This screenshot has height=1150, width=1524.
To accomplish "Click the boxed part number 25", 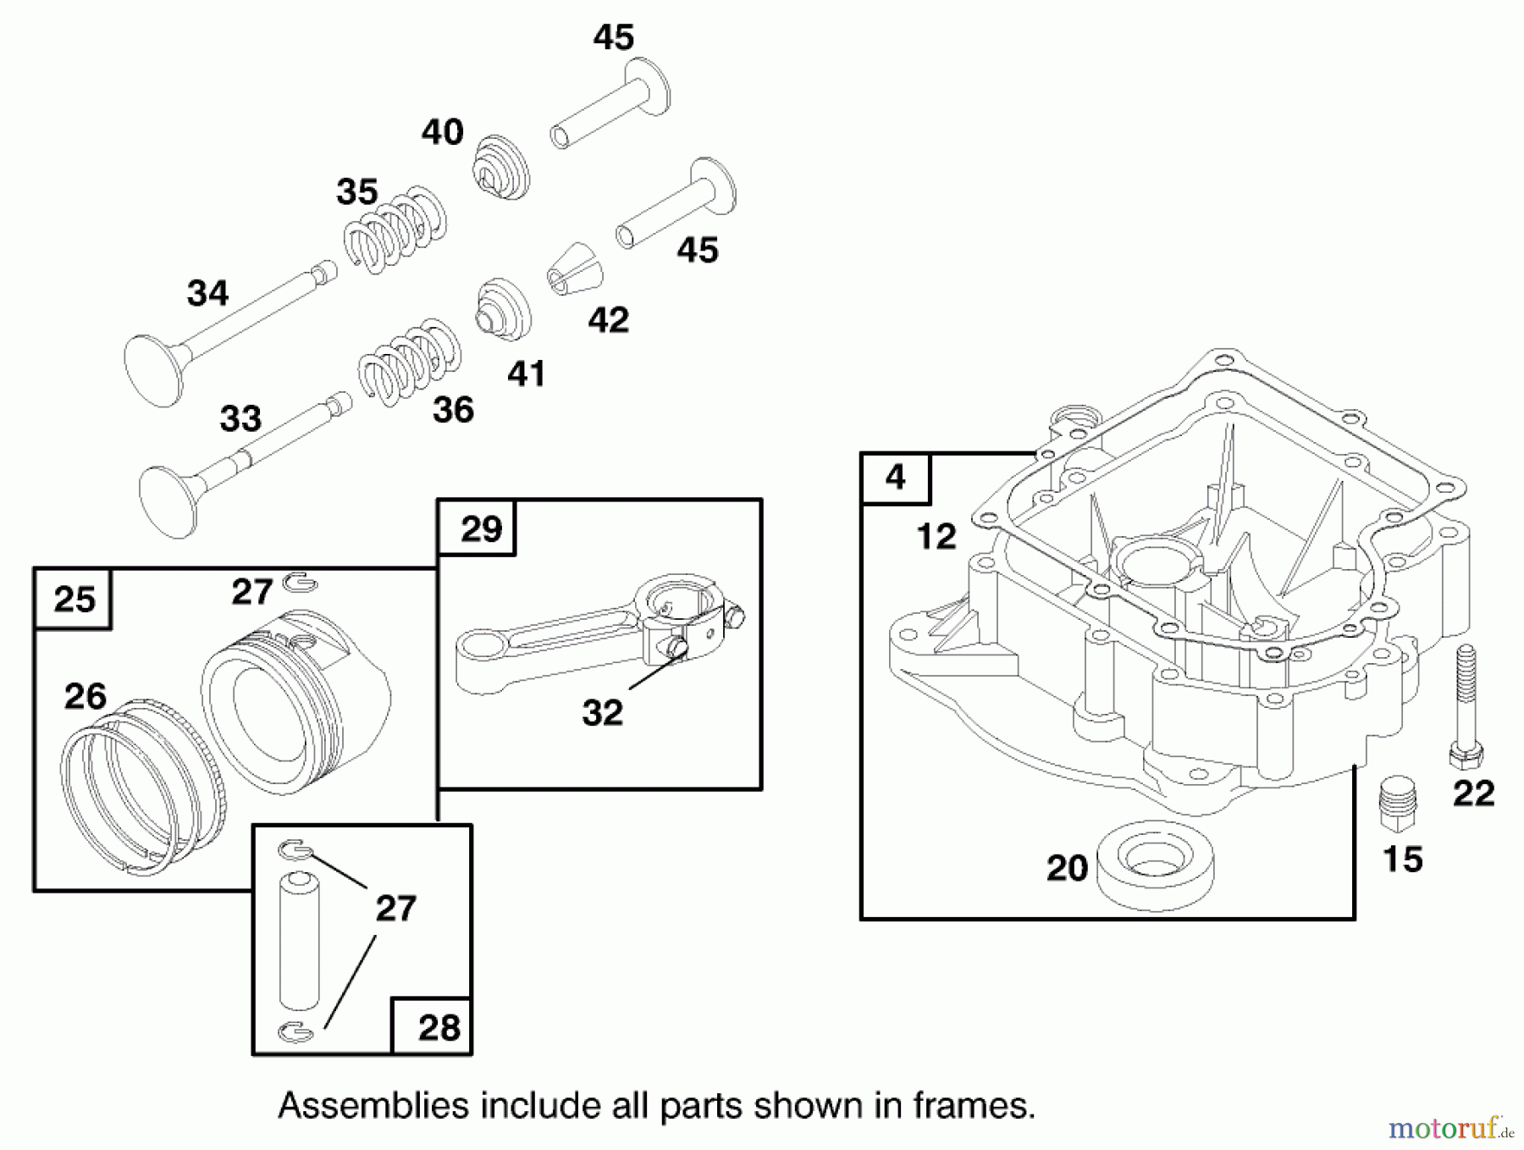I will [74, 600].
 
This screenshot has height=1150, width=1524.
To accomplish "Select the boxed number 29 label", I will [481, 529].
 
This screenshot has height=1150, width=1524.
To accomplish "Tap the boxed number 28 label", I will [439, 1027].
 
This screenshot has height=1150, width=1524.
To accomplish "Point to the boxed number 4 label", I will [896, 478].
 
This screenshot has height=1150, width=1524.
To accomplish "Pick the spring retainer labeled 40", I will [500, 167].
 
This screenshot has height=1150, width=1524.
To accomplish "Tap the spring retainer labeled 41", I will [504, 310].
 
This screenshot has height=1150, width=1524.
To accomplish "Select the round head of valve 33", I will [168, 500].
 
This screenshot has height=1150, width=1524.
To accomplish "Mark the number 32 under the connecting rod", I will [602, 713].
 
